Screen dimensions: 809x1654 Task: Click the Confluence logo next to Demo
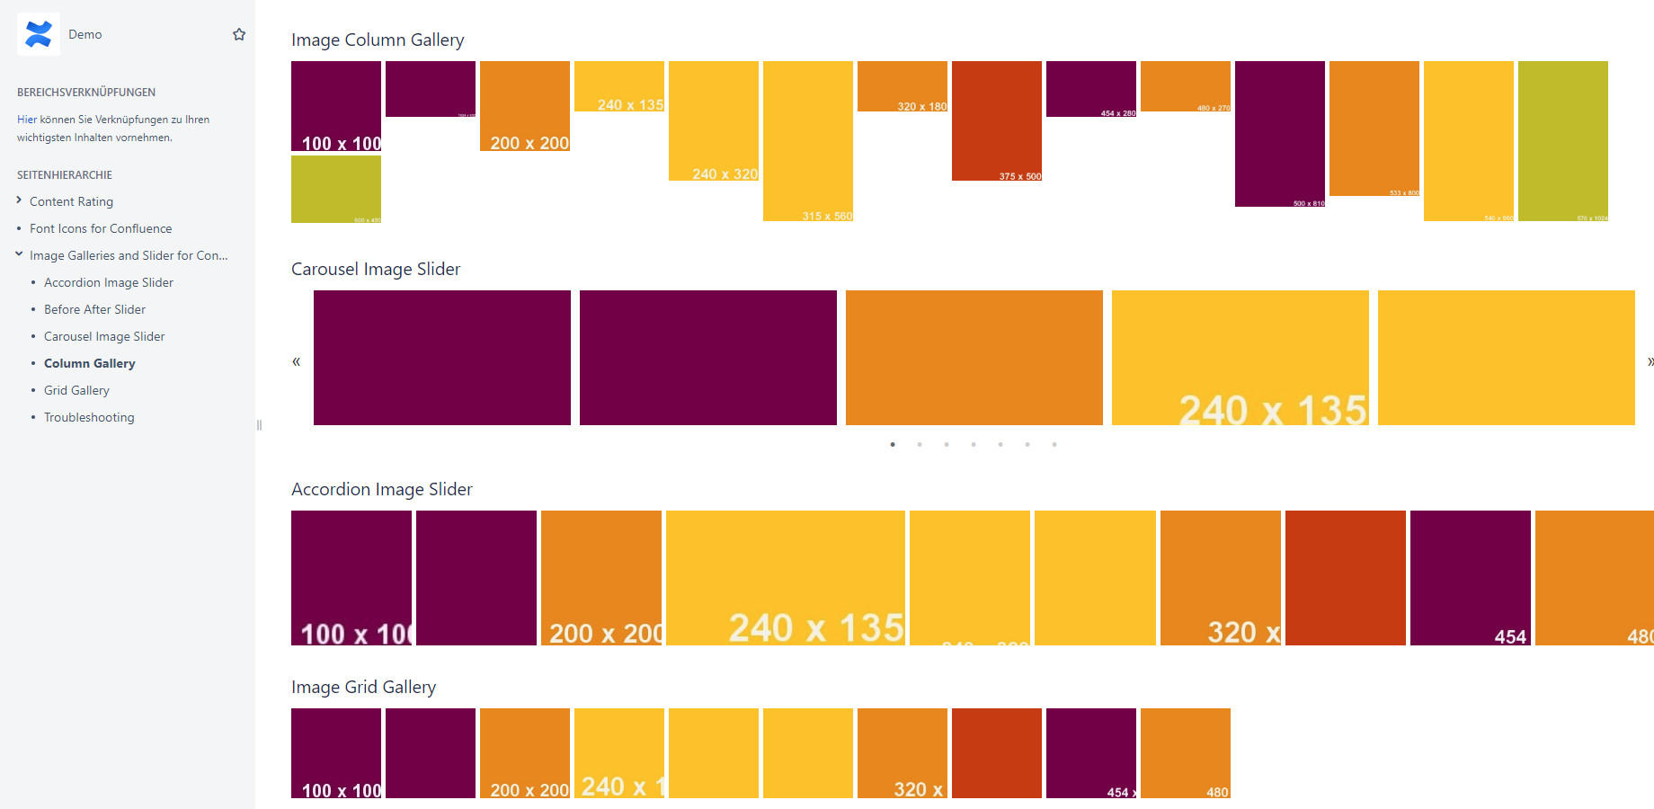click(39, 34)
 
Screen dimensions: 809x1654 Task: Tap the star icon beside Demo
click(239, 34)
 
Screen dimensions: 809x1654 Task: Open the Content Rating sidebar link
click(71, 201)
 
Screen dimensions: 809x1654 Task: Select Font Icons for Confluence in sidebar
click(101, 228)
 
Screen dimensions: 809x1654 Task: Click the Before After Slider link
click(94, 309)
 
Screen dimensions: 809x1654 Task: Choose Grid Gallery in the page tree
click(76, 390)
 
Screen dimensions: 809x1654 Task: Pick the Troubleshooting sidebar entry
click(89, 417)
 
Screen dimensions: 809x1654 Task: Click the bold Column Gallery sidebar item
click(90, 363)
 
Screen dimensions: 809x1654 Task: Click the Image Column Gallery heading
click(378, 40)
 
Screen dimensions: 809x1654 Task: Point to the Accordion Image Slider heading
click(381, 489)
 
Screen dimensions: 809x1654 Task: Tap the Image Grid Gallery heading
click(363, 687)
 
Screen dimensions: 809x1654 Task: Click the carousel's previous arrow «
click(296, 361)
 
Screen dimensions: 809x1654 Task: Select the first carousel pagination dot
click(893, 444)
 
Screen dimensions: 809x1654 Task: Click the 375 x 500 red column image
click(997, 120)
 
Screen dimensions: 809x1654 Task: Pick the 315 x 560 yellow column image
click(808, 140)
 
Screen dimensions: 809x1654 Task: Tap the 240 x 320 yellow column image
click(714, 120)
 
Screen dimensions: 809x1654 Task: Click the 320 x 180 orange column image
click(903, 86)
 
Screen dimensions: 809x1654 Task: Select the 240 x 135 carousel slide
click(1240, 358)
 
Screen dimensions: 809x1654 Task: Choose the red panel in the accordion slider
click(1346, 578)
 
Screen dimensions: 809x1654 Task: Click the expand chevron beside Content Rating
click(19, 200)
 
